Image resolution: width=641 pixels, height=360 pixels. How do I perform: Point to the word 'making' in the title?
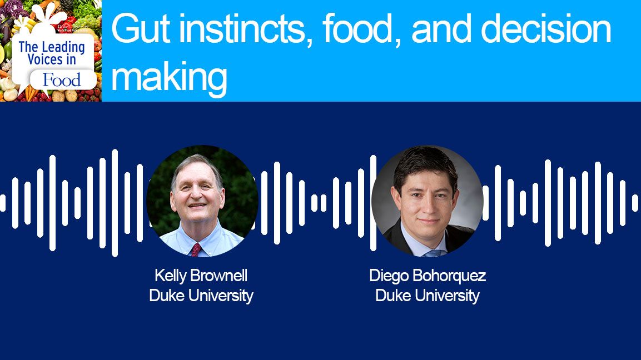(x=169, y=77)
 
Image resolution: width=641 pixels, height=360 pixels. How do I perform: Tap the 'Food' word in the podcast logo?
(x=62, y=81)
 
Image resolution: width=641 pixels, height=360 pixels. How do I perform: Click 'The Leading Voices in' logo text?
(x=51, y=53)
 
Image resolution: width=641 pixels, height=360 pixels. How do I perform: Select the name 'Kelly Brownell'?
(x=201, y=276)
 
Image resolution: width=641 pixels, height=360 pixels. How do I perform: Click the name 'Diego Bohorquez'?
(x=427, y=276)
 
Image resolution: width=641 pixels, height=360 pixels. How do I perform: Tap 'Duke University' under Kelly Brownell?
(x=201, y=296)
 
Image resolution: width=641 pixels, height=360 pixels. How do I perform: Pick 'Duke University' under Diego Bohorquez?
(x=427, y=296)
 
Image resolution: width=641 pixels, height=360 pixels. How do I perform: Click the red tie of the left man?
(x=196, y=249)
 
